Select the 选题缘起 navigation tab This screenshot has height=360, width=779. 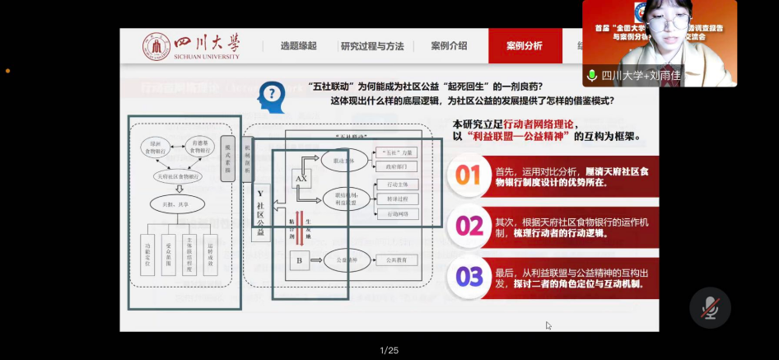pyautogui.click(x=298, y=46)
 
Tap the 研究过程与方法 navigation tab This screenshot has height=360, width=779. pyautogui.click(x=372, y=46)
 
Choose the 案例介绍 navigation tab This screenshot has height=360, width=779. pyautogui.click(x=449, y=46)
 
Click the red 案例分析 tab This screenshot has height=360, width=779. pyautogui.click(x=525, y=46)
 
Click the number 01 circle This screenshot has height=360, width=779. pyautogui.click(x=468, y=175)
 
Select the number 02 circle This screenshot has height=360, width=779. pyautogui.click(x=468, y=227)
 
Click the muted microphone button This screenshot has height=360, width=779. pyautogui.click(x=709, y=308)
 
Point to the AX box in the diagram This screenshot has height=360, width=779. pyautogui.click(x=301, y=177)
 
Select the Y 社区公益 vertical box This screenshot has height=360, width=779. pyautogui.click(x=260, y=213)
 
